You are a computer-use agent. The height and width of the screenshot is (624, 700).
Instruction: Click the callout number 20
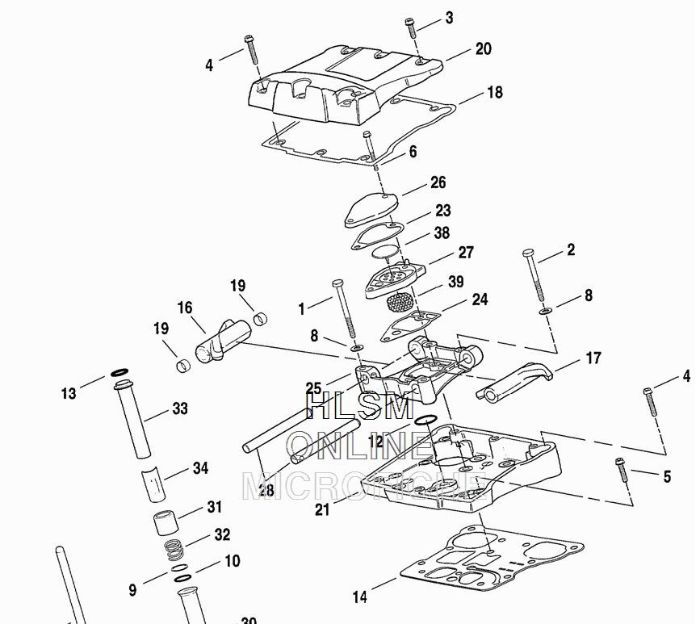(x=483, y=49)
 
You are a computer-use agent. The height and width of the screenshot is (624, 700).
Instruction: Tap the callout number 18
(x=494, y=92)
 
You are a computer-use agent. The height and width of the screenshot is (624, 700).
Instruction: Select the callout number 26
(x=438, y=182)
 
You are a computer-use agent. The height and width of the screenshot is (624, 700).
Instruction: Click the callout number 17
(x=593, y=358)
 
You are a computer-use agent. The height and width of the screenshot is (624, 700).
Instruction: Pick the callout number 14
(x=360, y=597)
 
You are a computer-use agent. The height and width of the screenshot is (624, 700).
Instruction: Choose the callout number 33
(x=179, y=408)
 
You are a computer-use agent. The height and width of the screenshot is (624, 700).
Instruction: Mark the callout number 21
(x=322, y=509)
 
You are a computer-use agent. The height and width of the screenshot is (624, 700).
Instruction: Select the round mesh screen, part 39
(x=401, y=304)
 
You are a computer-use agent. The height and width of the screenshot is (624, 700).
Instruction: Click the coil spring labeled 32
(x=172, y=551)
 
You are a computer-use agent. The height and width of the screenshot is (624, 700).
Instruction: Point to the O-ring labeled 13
(x=119, y=373)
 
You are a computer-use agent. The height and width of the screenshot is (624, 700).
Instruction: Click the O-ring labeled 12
(x=426, y=420)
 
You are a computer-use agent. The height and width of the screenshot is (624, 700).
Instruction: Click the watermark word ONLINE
(x=359, y=446)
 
